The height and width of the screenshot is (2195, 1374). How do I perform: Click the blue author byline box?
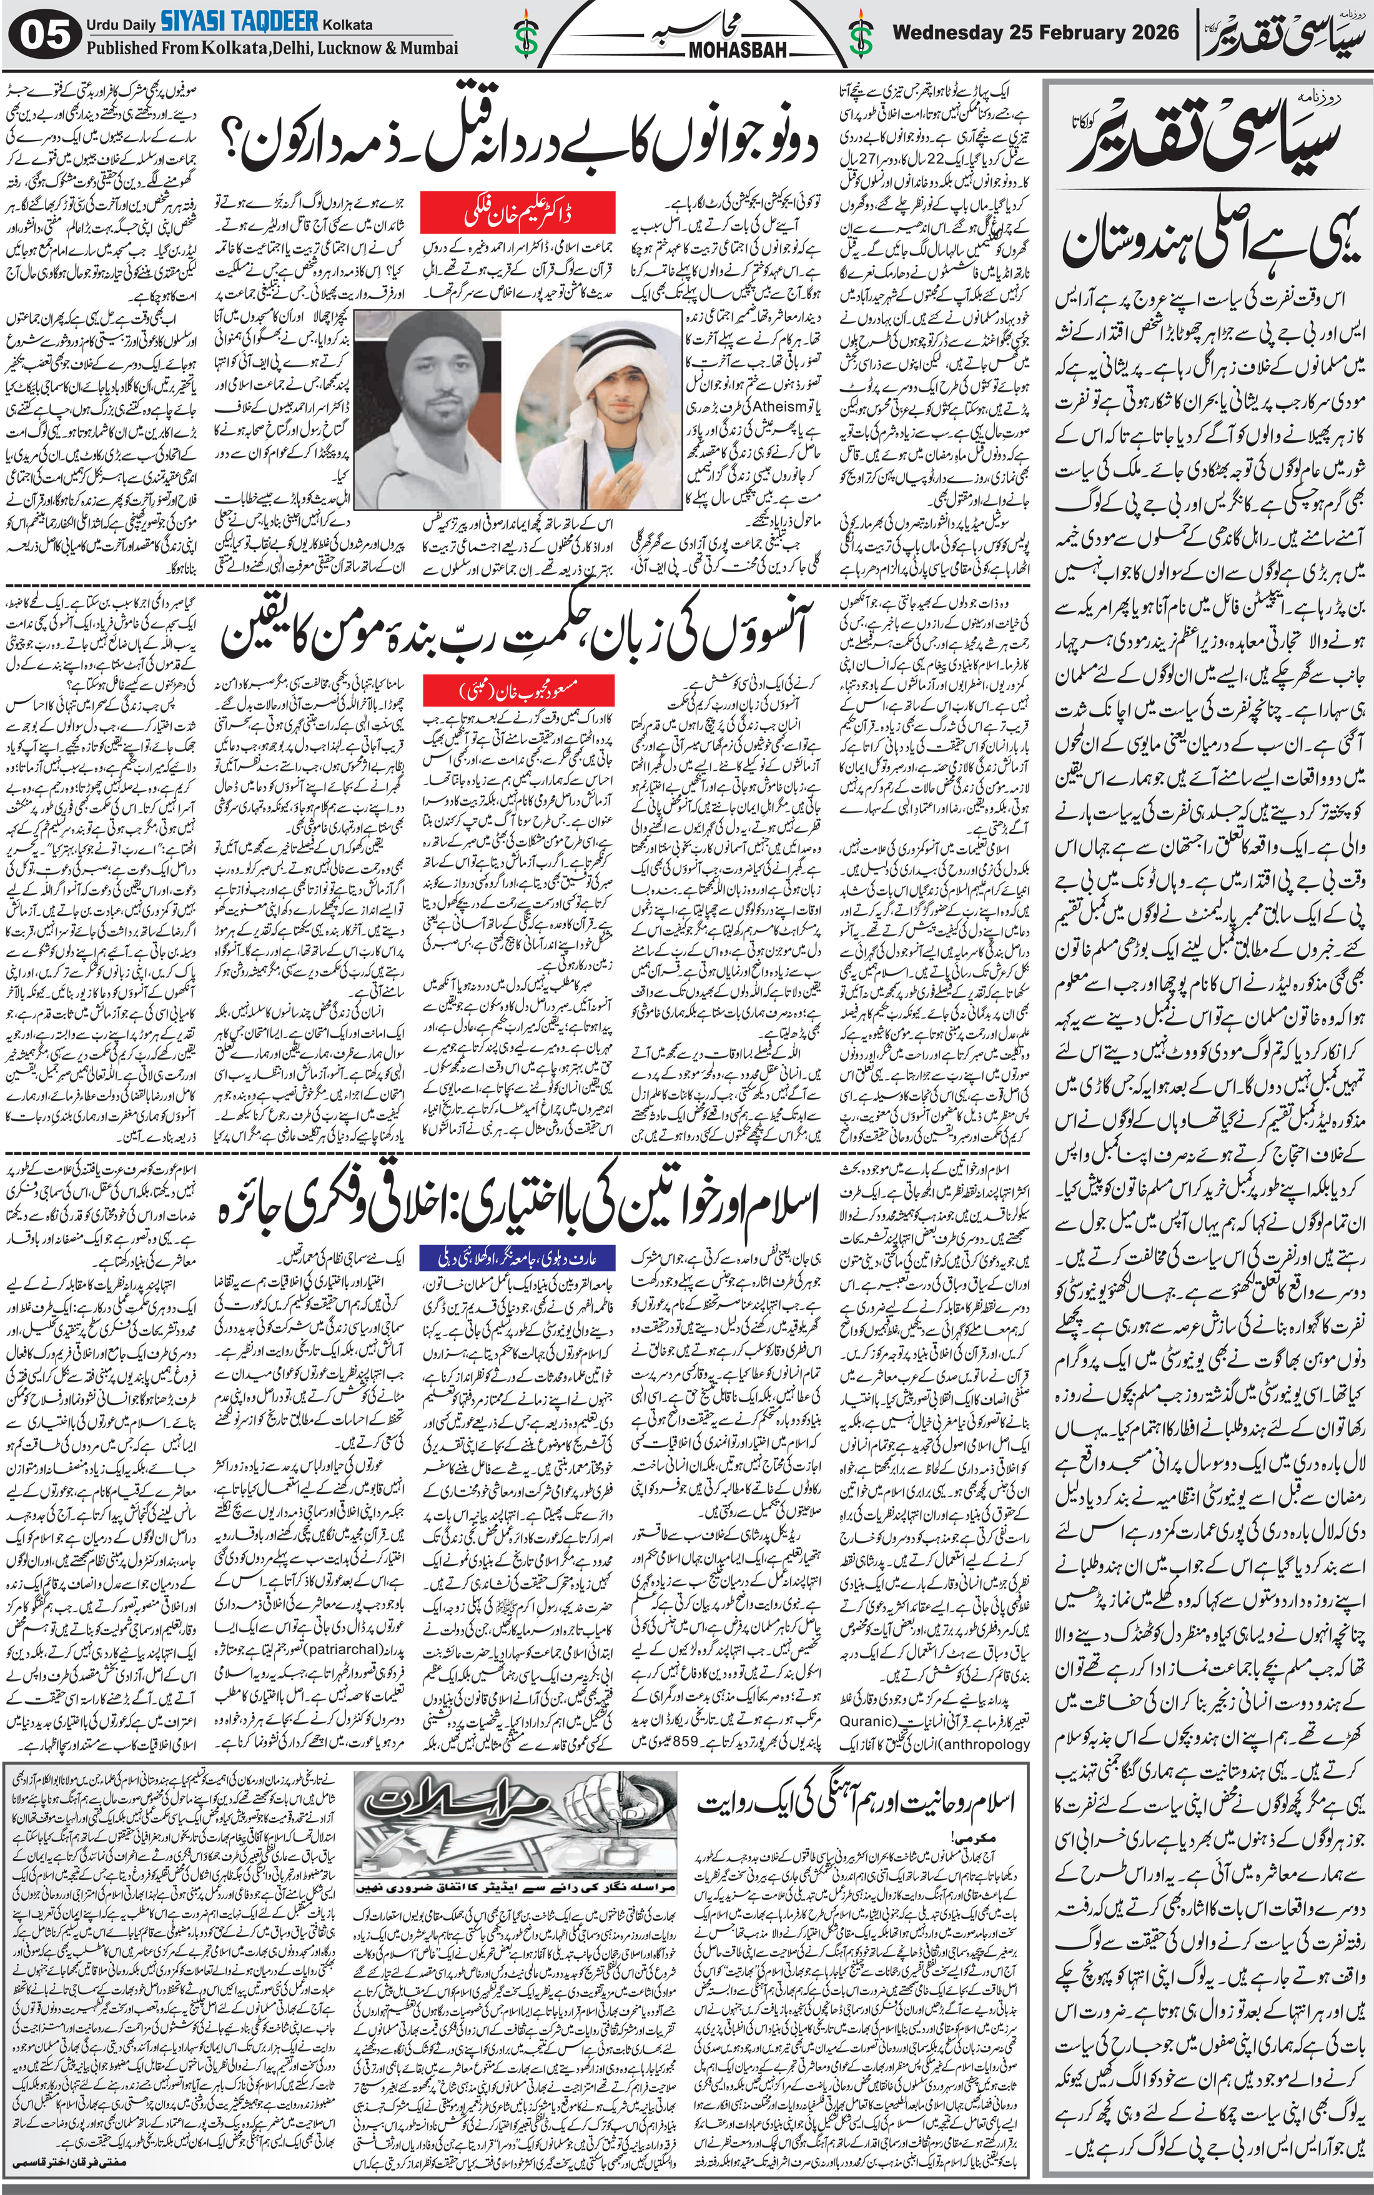(518, 1258)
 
